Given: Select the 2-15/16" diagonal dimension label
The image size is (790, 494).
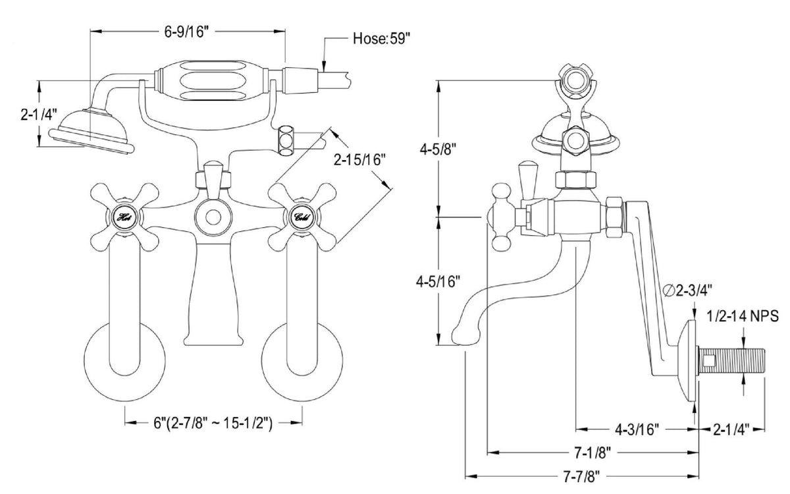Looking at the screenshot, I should (x=360, y=160).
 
